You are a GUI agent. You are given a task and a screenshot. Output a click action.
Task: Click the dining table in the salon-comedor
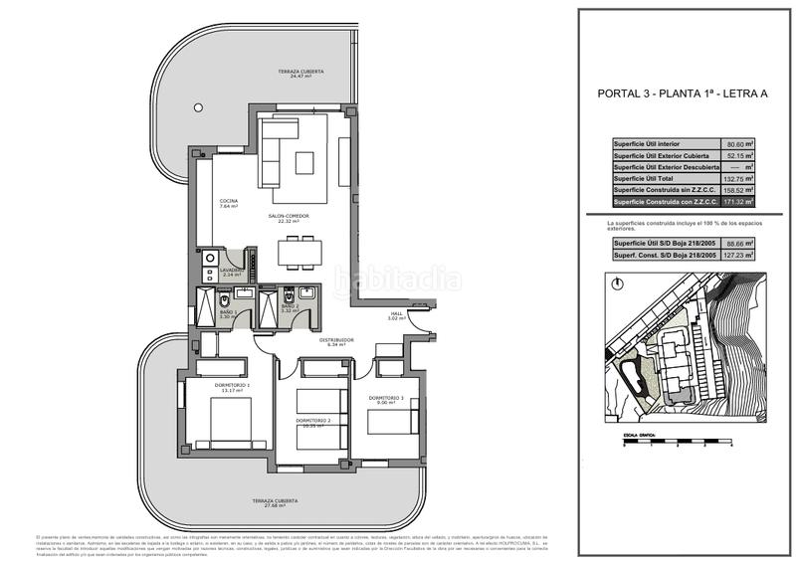(298, 254)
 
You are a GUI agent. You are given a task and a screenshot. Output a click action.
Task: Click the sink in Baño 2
(306, 292)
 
